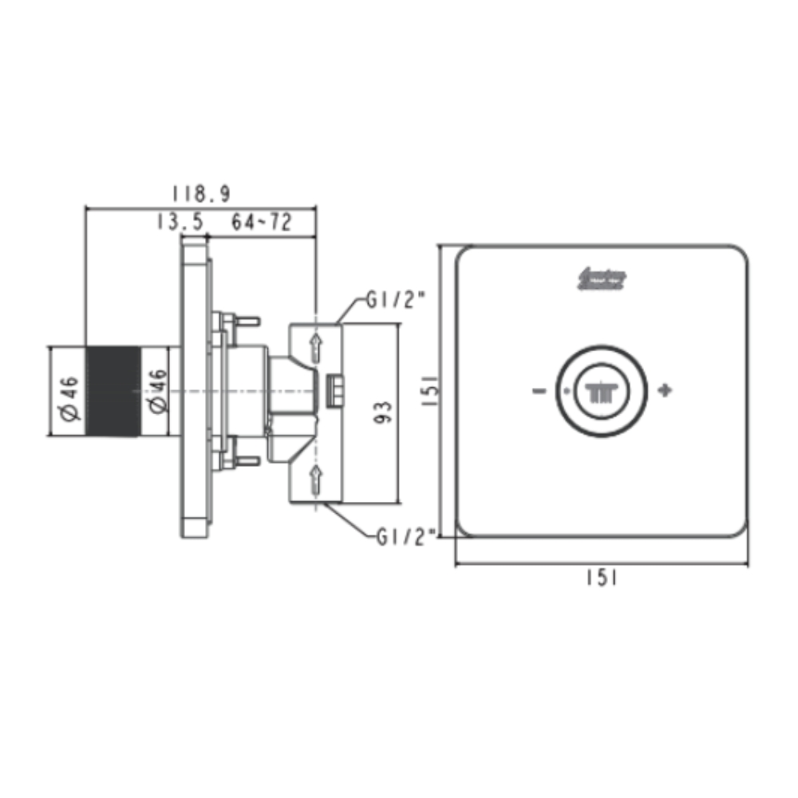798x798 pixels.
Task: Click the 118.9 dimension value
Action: coord(201,194)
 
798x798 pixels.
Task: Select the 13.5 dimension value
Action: coord(180,223)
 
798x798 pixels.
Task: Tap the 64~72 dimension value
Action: coord(262,223)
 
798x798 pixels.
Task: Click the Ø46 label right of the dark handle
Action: coord(156,391)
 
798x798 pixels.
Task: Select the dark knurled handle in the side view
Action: coord(113,391)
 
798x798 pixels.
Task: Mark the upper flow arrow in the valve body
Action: coord(316,346)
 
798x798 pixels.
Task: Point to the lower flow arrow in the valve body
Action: coord(316,478)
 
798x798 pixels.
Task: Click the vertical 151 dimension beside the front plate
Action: coord(429,391)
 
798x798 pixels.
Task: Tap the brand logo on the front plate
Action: coord(601,279)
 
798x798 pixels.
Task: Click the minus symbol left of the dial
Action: coord(539,391)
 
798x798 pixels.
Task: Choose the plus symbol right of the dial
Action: coord(665,391)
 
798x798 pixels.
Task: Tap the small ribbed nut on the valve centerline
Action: coord(336,391)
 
